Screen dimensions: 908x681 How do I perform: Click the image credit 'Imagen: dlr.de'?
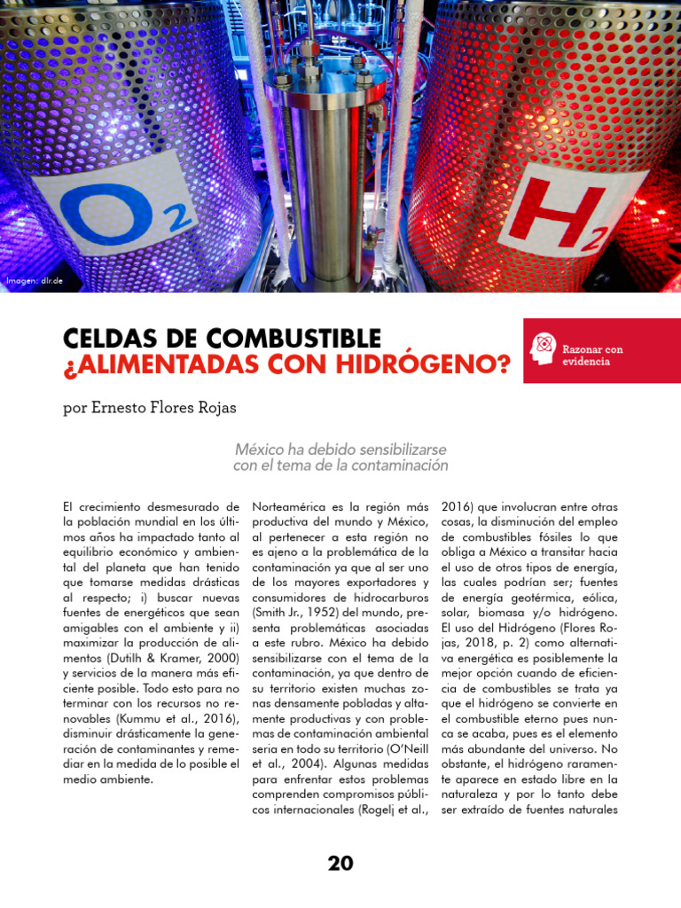[35, 281]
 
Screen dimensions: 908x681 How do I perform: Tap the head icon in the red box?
[542, 348]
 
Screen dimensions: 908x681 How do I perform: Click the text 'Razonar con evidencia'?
[592, 355]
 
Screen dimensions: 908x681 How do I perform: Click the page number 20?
[340, 863]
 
